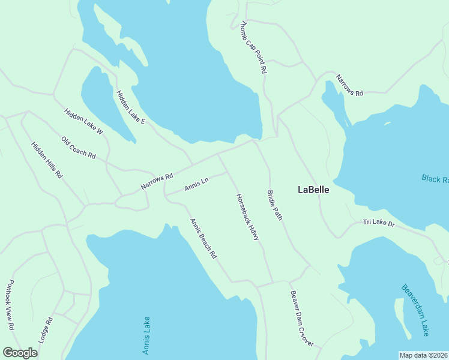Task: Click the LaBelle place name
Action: pyautogui.click(x=313, y=190)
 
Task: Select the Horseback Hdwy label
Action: pyautogui.click(x=247, y=217)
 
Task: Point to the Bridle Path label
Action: pyautogui.click(x=274, y=205)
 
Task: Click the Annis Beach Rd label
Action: pyautogui.click(x=203, y=239)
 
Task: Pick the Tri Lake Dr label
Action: pyautogui.click(x=379, y=223)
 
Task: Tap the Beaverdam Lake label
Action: pyautogui.click(x=415, y=310)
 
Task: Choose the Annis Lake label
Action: pyautogui.click(x=146, y=335)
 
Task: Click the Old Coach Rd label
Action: pyautogui.click(x=79, y=148)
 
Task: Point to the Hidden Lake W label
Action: pyautogui.click(x=83, y=121)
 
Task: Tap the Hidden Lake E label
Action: pyautogui.click(x=130, y=107)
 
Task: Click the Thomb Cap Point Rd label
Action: pyautogui.click(x=253, y=47)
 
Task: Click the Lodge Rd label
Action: pyautogui.click(x=46, y=329)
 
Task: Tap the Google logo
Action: pyautogui.click(x=20, y=353)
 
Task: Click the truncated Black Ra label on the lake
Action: pyautogui.click(x=435, y=179)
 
